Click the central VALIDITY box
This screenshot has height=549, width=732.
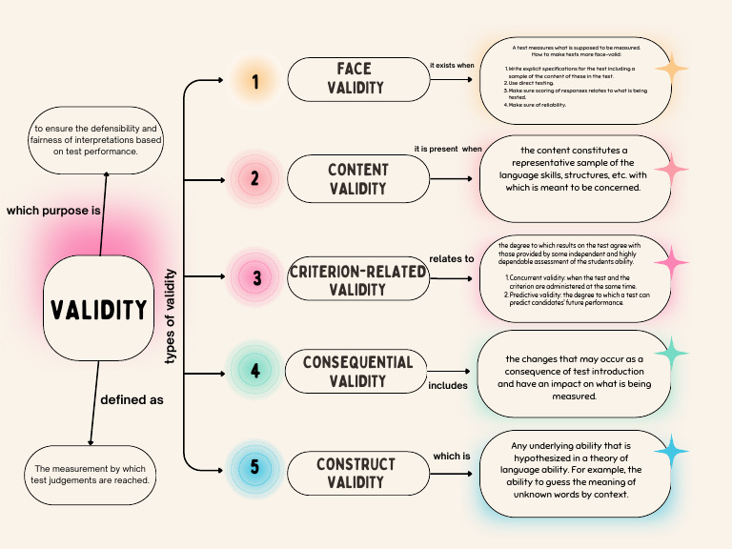pyautogui.click(x=98, y=309)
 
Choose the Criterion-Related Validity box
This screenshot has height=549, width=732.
pyautogui.click(x=357, y=279)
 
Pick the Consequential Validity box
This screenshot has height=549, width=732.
pyautogui.click(x=357, y=372)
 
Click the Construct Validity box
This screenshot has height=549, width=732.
pyautogui.click(x=356, y=473)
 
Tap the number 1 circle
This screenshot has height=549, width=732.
pyautogui.click(x=254, y=83)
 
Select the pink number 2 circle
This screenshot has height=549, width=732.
pyautogui.click(x=254, y=178)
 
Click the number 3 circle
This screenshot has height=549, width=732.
pyautogui.click(x=255, y=278)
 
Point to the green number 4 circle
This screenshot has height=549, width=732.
pyautogui.click(x=254, y=371)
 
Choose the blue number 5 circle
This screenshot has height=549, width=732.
pyautogui.click(x=254, y=469)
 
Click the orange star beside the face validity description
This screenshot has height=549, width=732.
pyautogui.click(x=674, y=70)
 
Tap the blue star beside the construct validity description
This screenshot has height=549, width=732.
pyautogui.click(x=671, y=451)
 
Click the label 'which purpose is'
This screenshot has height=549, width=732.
pyautogui.click(x=54, y=210)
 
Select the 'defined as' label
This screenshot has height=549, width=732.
pyautogui.click(x=132, y=400)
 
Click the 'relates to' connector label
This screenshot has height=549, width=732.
pyautogui.click(x=452, y=258)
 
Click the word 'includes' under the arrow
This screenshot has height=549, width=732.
pyautogui.click(x=448, y=385)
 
